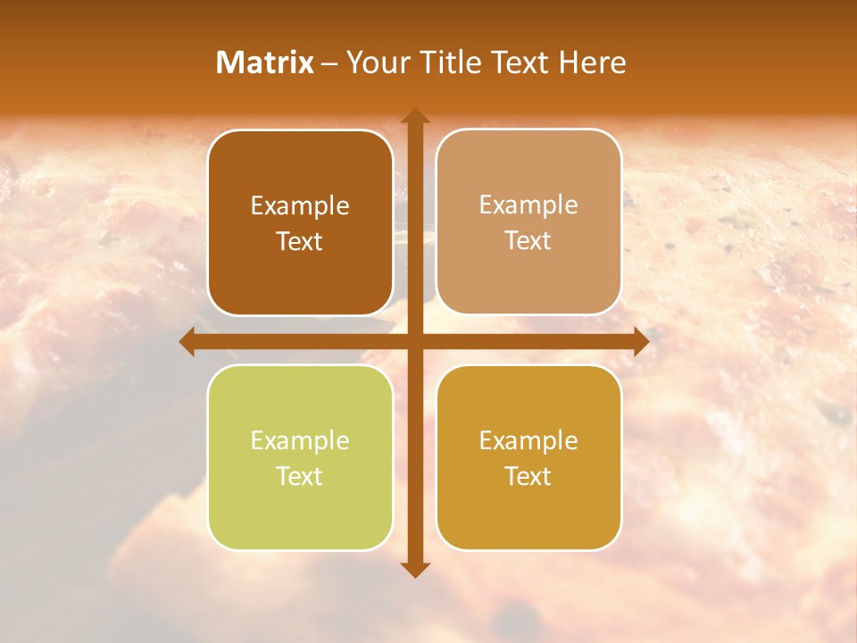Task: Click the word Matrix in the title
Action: [x=265, y=63]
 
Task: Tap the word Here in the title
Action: [x=593, y=63]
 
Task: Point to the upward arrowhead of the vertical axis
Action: [x=414, y=116]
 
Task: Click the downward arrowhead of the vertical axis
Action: [x=414, y=569]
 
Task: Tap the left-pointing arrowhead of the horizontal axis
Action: [x=187, y=342]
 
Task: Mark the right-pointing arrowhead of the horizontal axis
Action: [x=641, y=342]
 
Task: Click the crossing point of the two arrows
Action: [x=414, y=342]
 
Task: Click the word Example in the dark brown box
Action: [x=300, y=206]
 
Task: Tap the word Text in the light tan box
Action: [x=528, y=241]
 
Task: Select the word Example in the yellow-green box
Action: [x=300, y=441]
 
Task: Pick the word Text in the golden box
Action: [x=528, y=477]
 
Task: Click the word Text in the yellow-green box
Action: [x=300, y=477]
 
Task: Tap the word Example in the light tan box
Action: [x=528, y=205]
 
